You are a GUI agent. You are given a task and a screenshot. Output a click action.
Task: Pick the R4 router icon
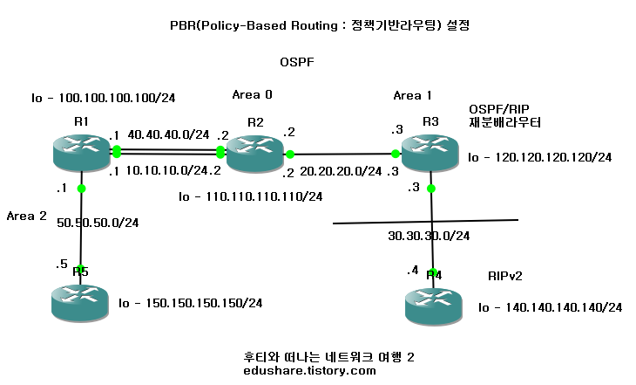[432, 306]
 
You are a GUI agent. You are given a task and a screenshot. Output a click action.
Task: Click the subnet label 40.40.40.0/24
[168, 134]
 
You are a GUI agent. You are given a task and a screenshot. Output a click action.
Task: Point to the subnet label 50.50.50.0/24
[98, 223]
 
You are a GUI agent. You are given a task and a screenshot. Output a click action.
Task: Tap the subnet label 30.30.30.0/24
[429, 235]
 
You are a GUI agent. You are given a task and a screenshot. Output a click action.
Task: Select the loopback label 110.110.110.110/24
[250, 197]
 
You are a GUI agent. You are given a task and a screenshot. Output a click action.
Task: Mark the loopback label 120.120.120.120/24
[539, 158]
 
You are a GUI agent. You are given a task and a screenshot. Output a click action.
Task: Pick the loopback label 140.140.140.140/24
[550, 307]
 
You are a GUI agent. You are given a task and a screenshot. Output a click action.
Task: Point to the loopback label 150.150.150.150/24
[190, 303]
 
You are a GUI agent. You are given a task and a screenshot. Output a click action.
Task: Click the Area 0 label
[253, 93]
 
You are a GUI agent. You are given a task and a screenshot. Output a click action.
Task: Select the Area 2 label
[26, 215]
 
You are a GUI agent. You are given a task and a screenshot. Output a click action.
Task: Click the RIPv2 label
[506, 276]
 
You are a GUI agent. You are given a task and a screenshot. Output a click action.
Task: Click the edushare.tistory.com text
[310, 370]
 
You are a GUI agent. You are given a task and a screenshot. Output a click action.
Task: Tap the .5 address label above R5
[60, 264]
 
